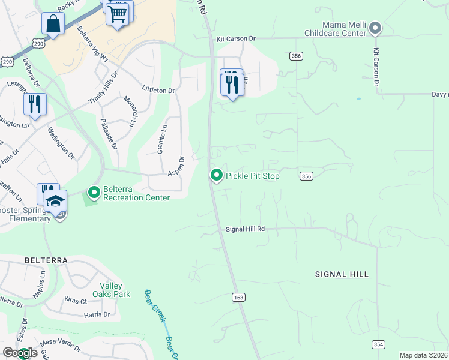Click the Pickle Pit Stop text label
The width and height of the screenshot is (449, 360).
252,176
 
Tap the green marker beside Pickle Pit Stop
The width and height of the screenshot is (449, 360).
216,175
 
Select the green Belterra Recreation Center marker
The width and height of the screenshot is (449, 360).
94,193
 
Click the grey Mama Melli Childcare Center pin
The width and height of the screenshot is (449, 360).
375,28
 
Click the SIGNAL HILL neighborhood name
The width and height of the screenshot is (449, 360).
342,274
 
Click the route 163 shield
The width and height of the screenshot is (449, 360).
238,297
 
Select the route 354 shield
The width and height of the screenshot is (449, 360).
378,344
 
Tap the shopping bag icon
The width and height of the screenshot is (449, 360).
53,24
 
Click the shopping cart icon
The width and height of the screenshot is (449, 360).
118,13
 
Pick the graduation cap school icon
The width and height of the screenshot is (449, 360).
55,200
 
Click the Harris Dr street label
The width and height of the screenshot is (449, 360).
97,314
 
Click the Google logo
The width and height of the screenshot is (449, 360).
20,353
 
